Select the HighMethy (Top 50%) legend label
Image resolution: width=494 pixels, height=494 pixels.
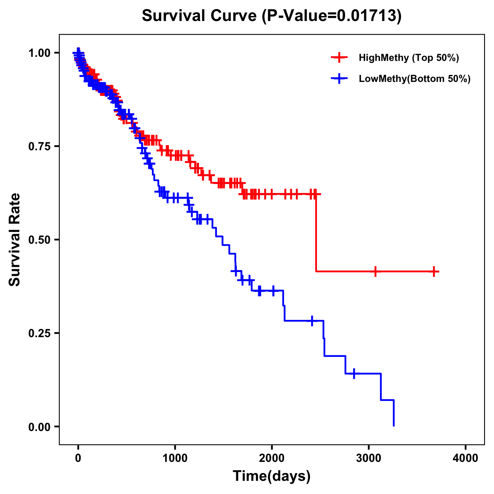tap(408, 58)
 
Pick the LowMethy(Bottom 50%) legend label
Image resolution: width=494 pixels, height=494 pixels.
tap(415, 79)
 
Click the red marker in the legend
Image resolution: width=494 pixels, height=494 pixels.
tap(339, 58)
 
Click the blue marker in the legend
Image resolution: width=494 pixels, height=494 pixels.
tap(339, 79)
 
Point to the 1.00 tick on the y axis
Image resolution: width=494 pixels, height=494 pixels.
tap(39, 53)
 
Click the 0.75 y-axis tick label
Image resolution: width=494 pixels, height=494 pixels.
tap(39, 146)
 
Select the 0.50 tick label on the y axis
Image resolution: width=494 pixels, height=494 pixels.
tap(39, 240)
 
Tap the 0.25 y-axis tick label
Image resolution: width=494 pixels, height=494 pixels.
tap(39, 333)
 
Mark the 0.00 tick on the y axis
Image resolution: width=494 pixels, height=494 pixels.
tap(39, 426)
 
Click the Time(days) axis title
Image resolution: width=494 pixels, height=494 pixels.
tap(272, 476)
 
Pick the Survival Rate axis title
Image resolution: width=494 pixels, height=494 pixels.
tap(15, 240)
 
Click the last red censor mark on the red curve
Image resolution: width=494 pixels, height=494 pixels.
tap(434, 271)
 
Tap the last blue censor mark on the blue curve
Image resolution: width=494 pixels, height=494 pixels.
tap(354, 373)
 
